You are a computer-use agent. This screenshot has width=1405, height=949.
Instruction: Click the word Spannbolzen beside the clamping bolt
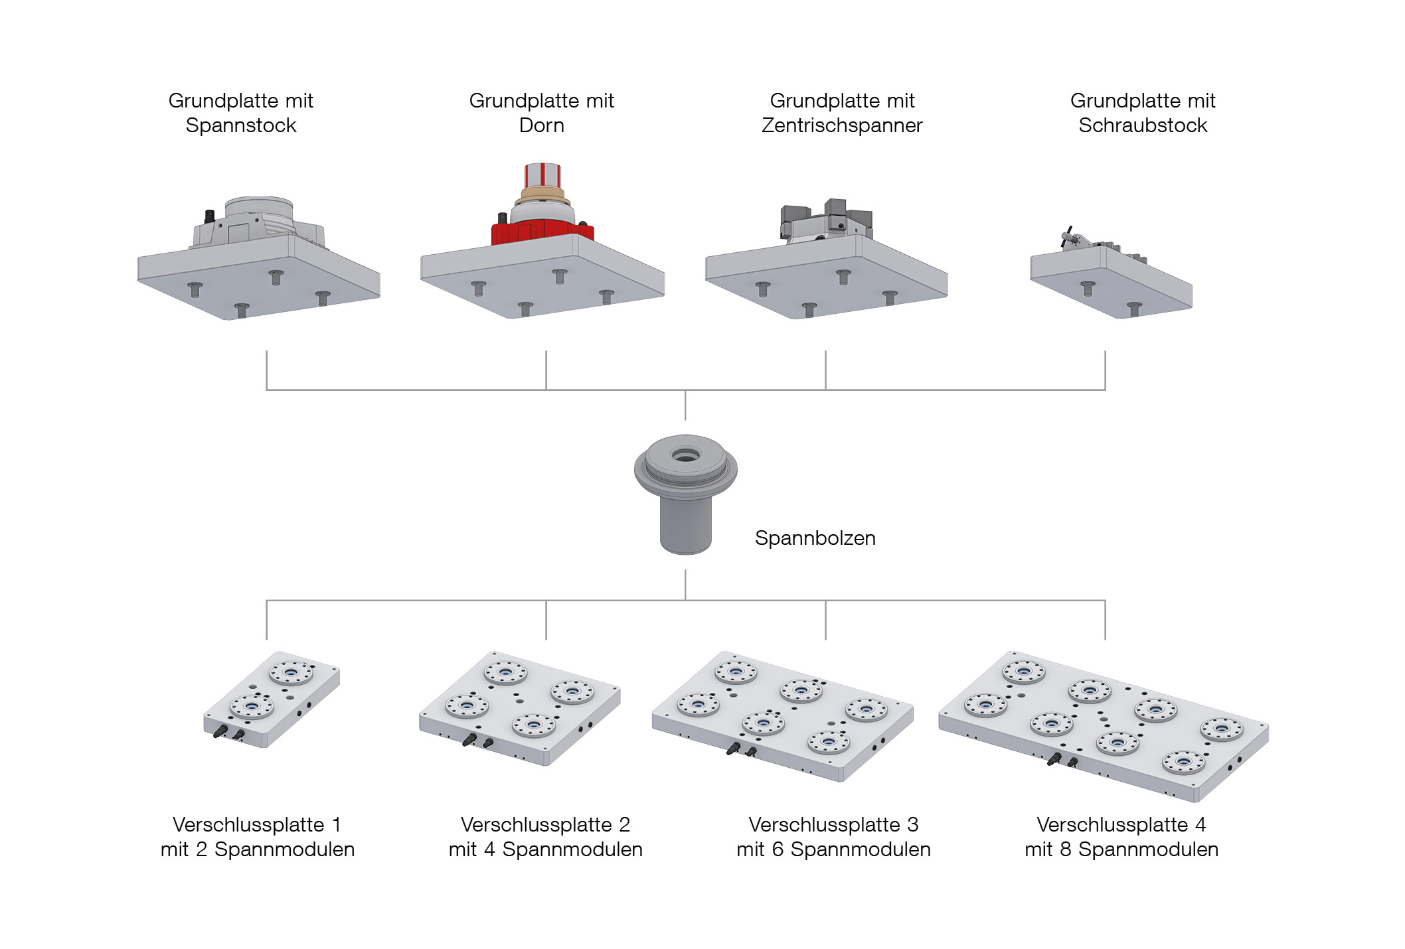click(815, 538)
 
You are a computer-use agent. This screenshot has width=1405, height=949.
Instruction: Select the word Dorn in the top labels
click(541, 125)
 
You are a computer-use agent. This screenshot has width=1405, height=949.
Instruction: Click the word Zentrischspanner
click(842, 125)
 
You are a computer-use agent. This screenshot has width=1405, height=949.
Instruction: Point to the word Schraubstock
click(1142, 125)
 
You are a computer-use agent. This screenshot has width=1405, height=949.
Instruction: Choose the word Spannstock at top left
click(240, 125)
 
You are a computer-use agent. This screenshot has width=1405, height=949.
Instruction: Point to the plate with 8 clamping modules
click(1103, 725)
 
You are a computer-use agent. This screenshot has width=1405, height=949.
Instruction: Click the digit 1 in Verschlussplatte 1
click(336, 825)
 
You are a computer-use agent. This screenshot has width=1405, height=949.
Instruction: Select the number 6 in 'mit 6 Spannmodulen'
click(777, 849)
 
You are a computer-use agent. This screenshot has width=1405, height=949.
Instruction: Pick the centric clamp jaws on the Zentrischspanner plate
click(826, 219)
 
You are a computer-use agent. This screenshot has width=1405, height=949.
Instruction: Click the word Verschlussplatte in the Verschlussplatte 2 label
click(537, 825)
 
